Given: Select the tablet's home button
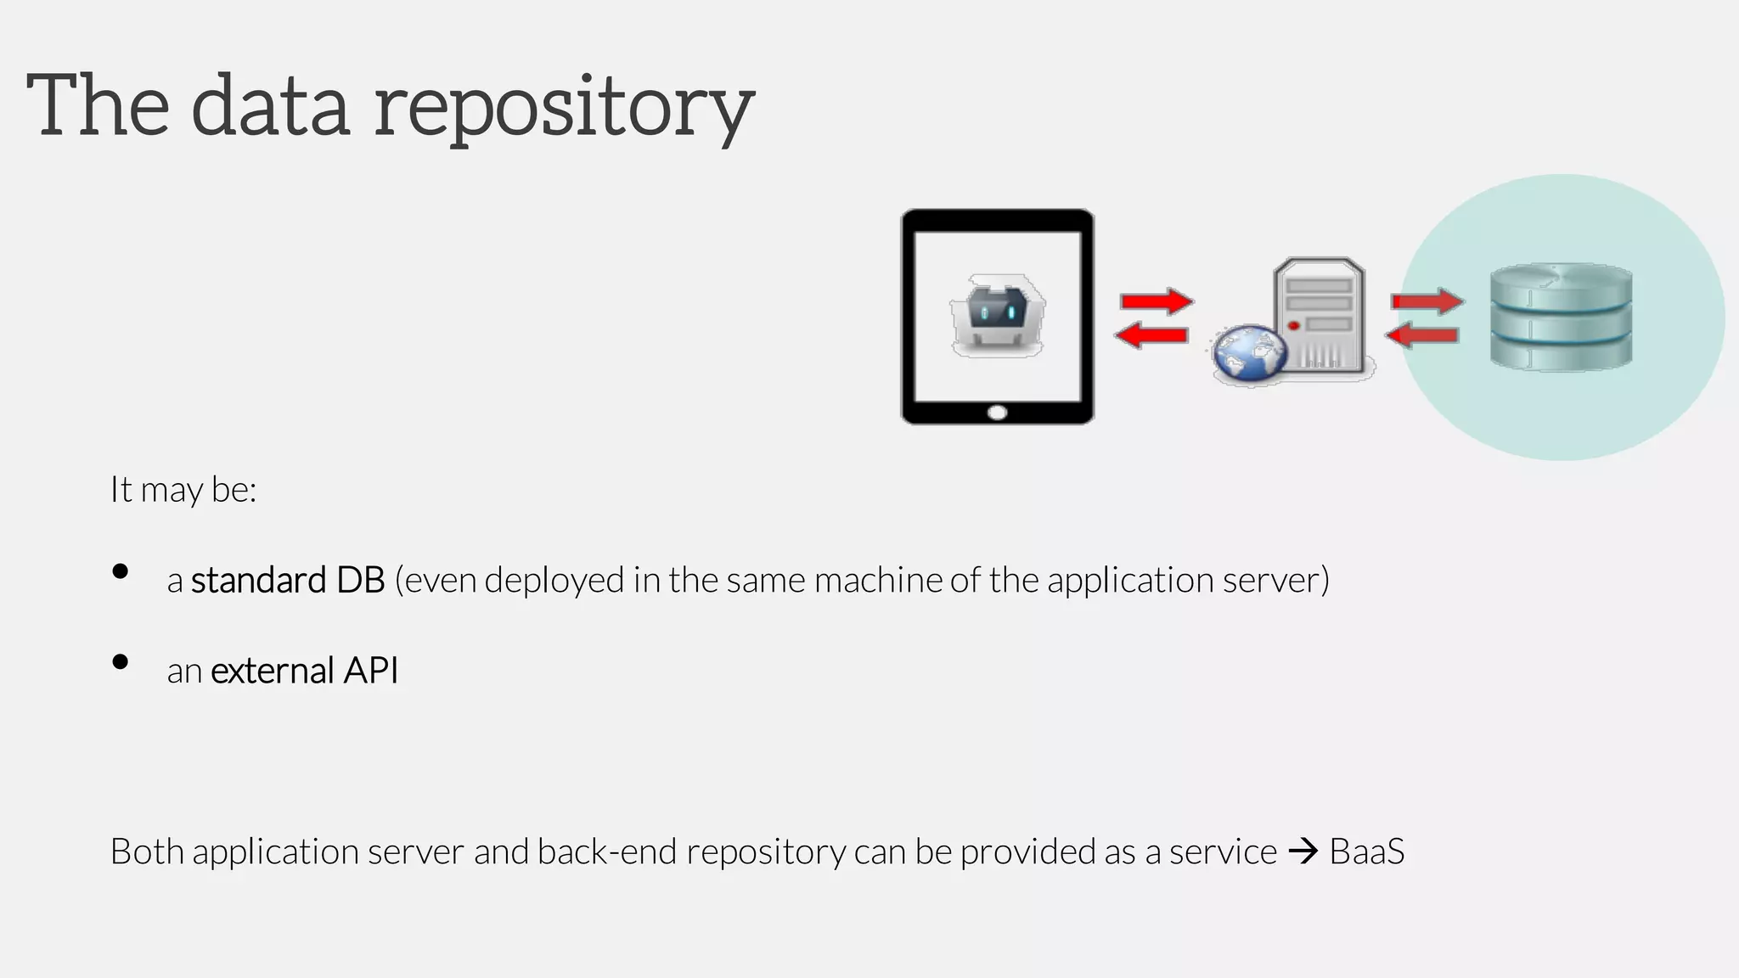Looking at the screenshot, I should pos(998,413).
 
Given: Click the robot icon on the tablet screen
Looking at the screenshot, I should pos(998,315).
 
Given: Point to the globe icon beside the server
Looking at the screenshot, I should pos(1249,355).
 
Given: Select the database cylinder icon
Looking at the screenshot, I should pos(1561,317).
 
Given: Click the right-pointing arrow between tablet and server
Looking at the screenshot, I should pos(1157,301).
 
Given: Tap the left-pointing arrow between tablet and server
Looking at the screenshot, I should pos(1151,335).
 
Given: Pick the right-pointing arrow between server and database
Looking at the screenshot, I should pos(1427,301).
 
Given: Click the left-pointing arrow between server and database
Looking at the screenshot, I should pos(1422,335).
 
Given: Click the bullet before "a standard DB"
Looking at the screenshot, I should pos(121,572).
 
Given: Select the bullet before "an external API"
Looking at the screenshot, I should pos(121,662).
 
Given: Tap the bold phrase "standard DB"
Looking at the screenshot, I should pos(288,581).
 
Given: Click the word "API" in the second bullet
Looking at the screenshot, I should pos(370,671).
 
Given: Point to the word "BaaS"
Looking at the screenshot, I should pos(1366,852).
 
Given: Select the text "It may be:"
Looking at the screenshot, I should pos(183,490).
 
